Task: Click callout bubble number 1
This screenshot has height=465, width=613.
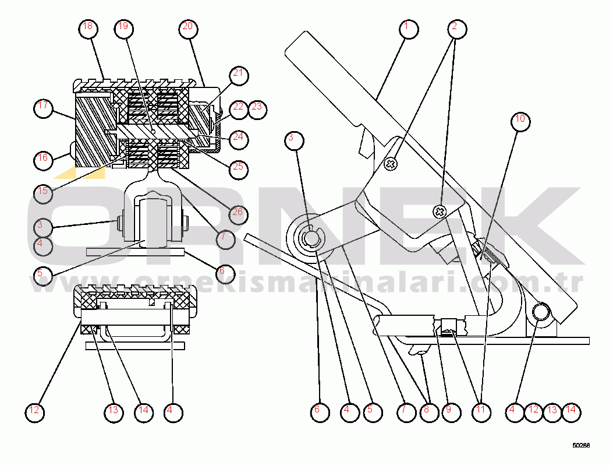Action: click(409, 27)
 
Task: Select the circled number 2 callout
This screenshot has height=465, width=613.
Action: click(455, 27)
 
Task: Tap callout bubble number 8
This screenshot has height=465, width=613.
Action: click(426, 410)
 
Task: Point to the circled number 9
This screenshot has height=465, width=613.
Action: click(448, 410)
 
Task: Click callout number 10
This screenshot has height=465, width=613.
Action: click(520, 121)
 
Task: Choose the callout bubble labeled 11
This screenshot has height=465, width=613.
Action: click(480, 410)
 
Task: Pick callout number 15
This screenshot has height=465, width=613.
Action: click(42, 192)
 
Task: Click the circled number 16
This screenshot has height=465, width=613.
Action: click(42, 158)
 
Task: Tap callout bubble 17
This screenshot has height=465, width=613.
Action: click(42, 107)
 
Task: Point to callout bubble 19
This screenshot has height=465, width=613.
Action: click(123, 27)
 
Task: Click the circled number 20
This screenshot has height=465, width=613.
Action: click(187, 27)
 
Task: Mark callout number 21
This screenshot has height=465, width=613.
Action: click(238, 74)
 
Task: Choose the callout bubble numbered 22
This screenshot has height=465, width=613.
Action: click(238, 107)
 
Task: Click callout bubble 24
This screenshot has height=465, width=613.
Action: click(238, 139)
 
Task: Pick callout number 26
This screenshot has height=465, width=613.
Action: click(238, 213)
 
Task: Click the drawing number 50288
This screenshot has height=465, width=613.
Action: click(580, 445)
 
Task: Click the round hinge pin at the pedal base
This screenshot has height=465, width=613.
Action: click(541, 312)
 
